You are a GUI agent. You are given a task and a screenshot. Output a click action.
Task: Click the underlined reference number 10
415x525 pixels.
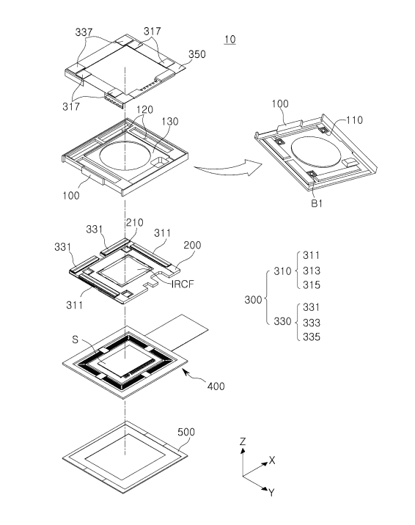(x=230, y=39)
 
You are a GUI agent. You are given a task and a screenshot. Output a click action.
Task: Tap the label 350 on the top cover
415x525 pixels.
(x=197, y=54)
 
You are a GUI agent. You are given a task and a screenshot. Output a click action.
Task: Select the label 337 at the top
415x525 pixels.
(x=84, y=32)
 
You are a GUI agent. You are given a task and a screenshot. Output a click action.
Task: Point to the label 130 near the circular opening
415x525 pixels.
(x=170, y=122)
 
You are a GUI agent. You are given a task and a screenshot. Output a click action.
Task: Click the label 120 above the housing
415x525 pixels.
(x=144, y=109)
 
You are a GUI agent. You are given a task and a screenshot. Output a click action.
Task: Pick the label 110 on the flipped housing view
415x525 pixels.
(x=353, y=120)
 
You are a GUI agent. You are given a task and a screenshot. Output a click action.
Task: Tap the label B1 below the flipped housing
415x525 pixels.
(x=317, y=203)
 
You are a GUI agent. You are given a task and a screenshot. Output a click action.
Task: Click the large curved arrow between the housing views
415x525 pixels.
(x=228, y=167)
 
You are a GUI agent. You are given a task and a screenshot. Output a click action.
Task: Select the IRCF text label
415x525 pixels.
(x=183, y=284)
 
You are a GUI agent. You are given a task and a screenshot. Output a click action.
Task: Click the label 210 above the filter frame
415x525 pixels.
(x=134, y=223)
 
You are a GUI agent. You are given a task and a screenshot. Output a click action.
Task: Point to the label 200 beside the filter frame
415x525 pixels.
(x=192, y=245)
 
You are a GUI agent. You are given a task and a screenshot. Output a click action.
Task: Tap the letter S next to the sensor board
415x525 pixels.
(x=75, y=339)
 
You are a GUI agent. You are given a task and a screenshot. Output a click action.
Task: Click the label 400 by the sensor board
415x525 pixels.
(x=216, y=386)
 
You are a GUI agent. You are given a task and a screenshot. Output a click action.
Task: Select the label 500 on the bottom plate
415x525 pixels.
(x=186, y=432)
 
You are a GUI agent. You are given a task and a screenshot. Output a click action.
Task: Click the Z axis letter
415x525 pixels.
(x=243, y=441)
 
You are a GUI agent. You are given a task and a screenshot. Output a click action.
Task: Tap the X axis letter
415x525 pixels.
(x=272, y=460)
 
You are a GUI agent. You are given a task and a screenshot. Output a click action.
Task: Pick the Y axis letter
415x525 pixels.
(x=271, y=493)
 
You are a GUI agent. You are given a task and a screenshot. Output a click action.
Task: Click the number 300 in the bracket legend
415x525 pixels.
(x=254, y=300)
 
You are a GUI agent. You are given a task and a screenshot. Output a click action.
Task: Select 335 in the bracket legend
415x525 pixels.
(x=312, y=337)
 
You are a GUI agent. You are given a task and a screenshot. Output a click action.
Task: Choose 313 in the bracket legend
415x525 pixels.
(x=312, y=271)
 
